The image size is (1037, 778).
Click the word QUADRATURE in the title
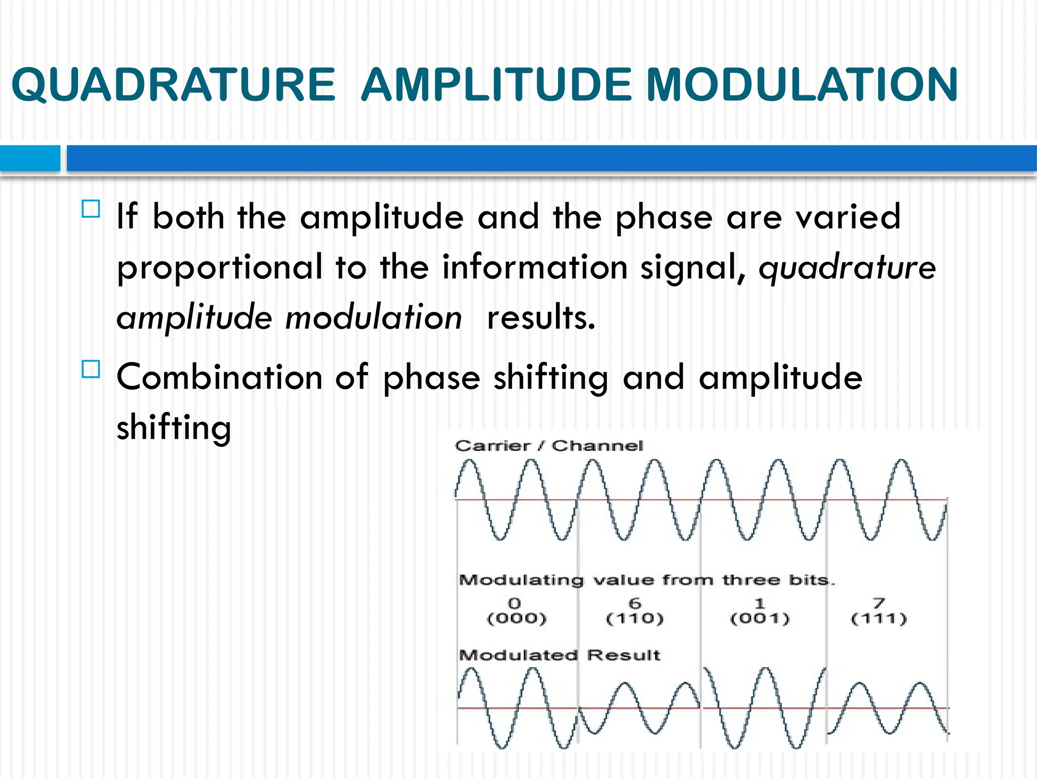(173, 85)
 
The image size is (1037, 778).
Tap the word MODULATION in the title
(802, 85)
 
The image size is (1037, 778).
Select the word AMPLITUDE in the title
(497, 85)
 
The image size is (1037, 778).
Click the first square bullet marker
(91, 209)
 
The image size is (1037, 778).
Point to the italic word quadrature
(847, 267)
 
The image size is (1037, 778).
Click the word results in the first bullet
(540, 318)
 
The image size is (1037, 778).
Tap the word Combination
(219, 377)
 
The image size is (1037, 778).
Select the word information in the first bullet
(535, 267)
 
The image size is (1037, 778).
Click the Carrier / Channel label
(549, 446)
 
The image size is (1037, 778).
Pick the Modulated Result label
(559, 655)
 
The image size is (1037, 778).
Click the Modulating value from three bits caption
(646, 580)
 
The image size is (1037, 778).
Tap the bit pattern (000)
(516, 618)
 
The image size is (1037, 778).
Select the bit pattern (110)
(635, 618)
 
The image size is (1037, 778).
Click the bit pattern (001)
(760, 618)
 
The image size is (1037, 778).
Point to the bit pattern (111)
(879, 618)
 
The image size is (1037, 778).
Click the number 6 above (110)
(635, 603)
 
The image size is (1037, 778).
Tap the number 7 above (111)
(879, 603)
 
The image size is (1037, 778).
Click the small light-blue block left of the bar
(30, 158)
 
